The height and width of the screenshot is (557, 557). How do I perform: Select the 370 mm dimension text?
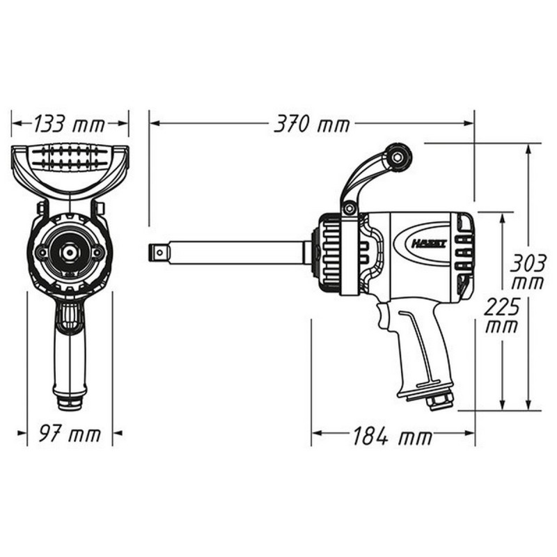pos(312,125)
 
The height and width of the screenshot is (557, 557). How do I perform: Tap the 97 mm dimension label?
pos(70,435)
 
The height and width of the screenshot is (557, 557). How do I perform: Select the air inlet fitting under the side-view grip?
pos(441,401)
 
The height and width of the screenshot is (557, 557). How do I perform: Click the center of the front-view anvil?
pos(70,252)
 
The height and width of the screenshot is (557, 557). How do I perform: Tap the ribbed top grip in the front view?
pos(70,157)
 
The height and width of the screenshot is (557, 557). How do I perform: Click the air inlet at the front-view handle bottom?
pos(70,403)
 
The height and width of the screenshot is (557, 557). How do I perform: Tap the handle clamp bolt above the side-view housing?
pos(350,207)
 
